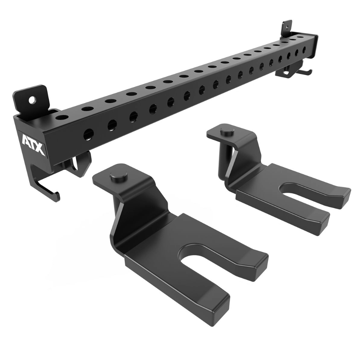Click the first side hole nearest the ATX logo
point(89,134)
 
